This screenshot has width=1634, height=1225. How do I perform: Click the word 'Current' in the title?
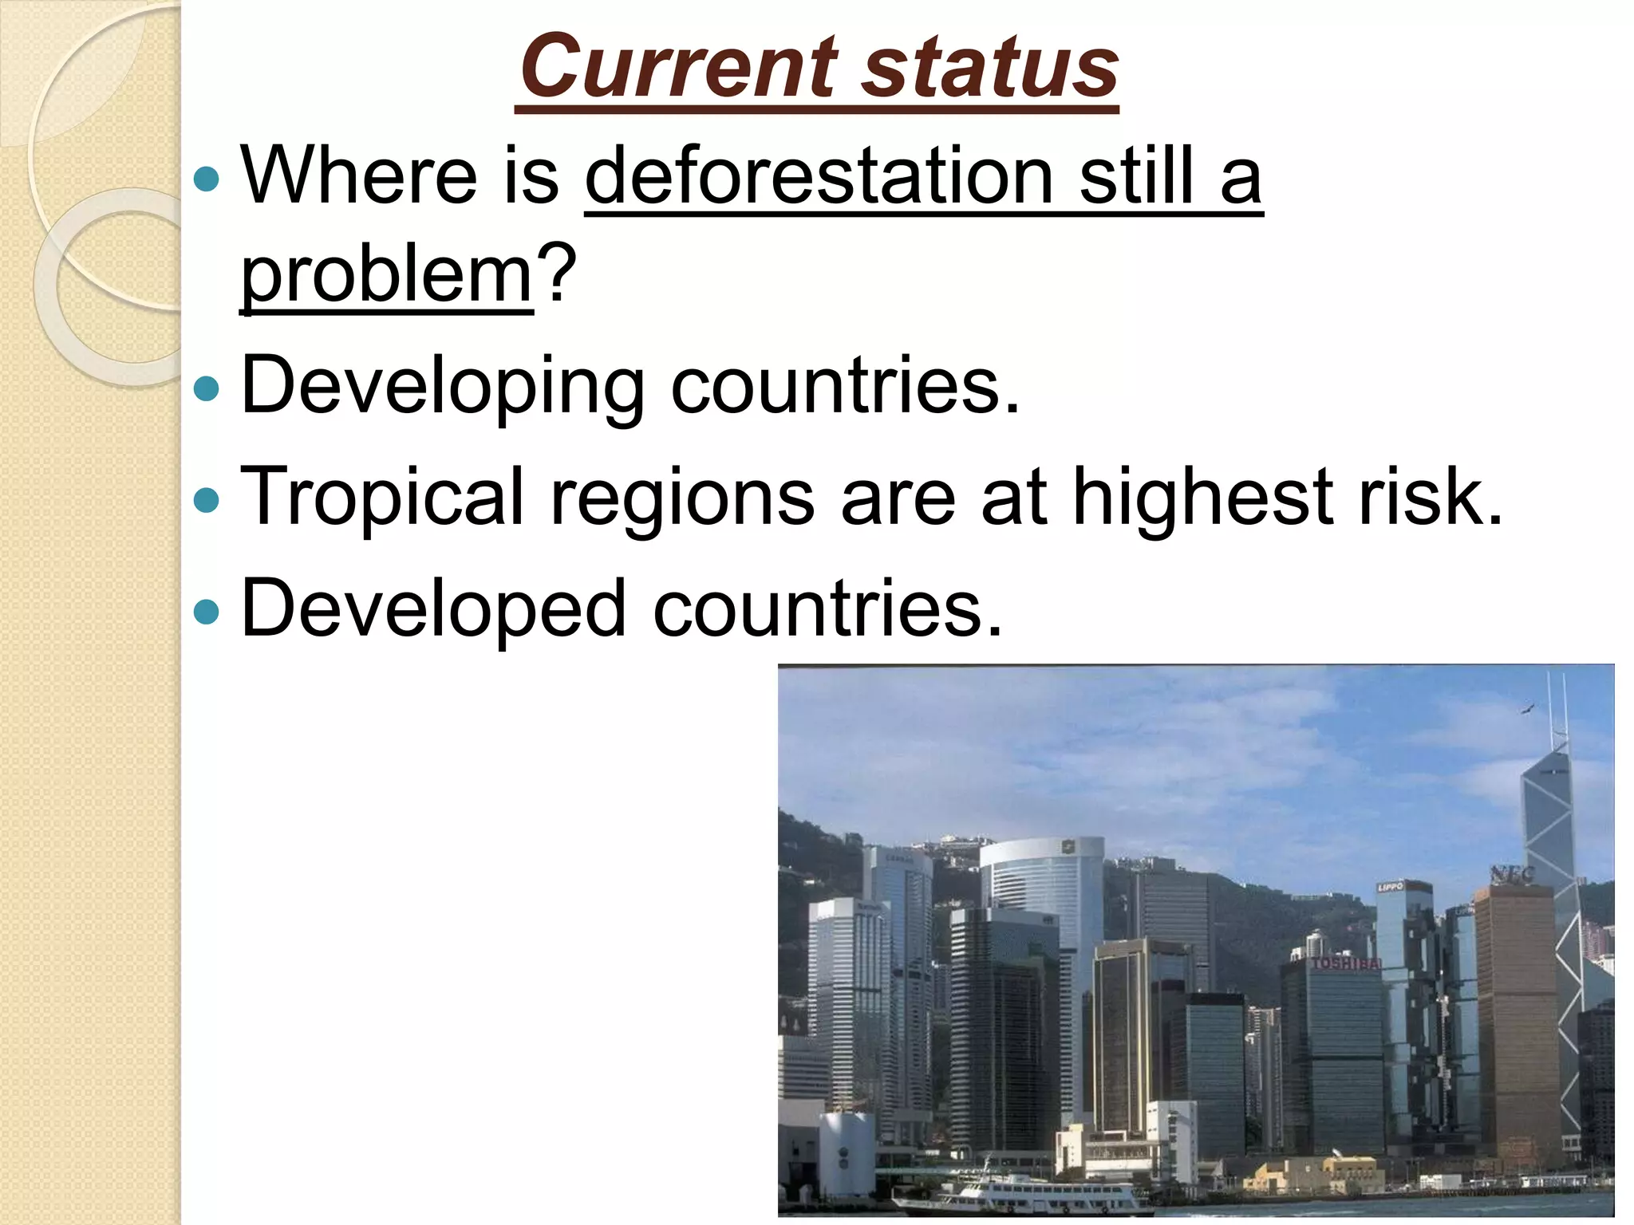click(679, 67)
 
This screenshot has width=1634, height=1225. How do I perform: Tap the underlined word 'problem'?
click(387, 275)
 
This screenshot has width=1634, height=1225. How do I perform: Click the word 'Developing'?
click(443, 387)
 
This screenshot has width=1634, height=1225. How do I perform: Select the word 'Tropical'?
click(382, 498)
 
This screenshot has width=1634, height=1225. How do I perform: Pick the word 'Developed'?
click(434, 610)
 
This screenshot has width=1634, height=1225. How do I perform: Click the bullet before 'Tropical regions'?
click(207, 501)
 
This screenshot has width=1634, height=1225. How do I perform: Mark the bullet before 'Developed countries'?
click(207, 612)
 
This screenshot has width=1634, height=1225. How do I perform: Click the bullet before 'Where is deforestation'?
click(207, 179)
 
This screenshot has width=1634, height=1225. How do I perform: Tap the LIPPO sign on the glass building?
click(1390, 887)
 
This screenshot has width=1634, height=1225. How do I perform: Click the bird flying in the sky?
click(1527, 709)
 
